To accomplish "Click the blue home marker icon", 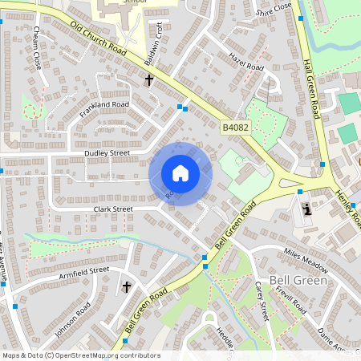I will (180, 173).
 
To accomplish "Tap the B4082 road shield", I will (236, 128).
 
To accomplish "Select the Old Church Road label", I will (99, 39).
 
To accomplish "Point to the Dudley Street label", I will (107, 152).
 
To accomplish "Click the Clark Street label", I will (112, 209).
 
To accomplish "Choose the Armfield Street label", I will (83, 275).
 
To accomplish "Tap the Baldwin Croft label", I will (153, 55).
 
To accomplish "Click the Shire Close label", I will (274, 9).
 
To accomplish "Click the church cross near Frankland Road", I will (148, 80).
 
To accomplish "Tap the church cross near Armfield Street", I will (126, 286).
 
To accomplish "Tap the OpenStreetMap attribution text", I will (80, 355).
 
